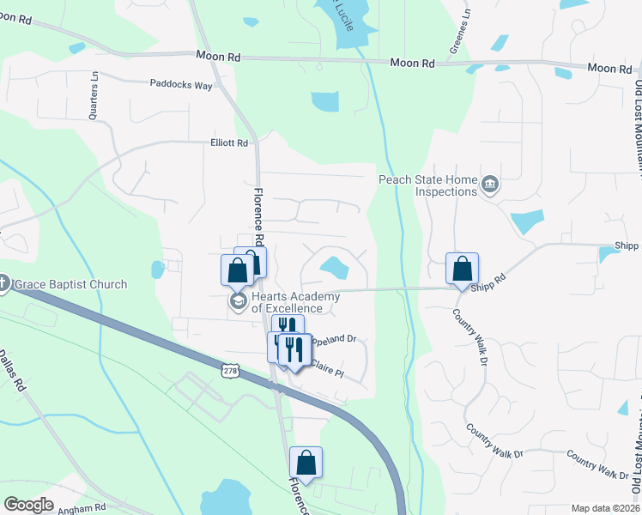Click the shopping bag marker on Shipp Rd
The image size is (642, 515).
pos(462,269)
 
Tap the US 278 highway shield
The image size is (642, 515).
pos(229,370)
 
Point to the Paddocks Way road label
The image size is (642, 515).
pos(181,86)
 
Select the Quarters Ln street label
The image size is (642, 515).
pos(94,90)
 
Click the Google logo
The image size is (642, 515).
pos(28,505)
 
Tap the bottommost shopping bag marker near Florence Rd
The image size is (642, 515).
pos(306,463)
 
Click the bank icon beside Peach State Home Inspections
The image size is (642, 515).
pos(490,183)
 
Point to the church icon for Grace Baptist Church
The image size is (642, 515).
pos(3,283)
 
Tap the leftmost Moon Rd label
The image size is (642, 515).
pos(218,56)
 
